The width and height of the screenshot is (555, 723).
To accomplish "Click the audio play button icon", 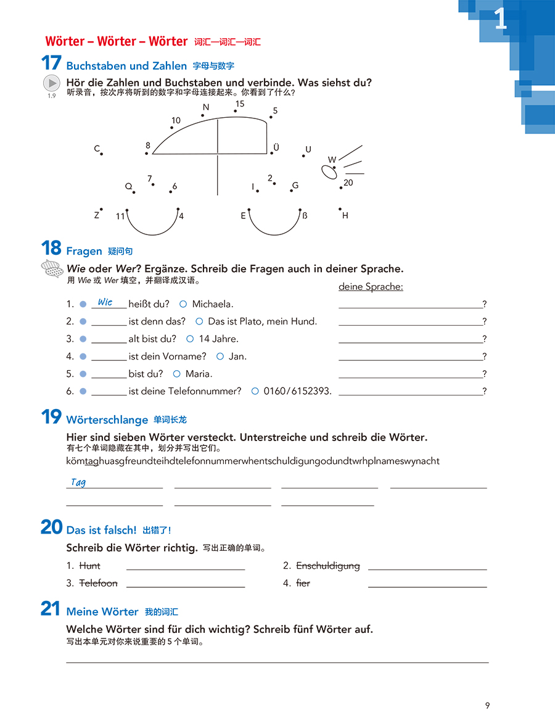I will (x=52, y=83).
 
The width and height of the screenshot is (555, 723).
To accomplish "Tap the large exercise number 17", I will (x=51, y=64).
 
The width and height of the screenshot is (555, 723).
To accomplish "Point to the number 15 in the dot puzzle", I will (x=240, y=104).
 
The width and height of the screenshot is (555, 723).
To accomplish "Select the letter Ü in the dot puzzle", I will (x=276, y=147).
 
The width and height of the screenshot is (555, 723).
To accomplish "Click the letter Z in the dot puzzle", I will (x=97, y=215).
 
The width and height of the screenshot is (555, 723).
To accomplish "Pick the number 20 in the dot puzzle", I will (x=348, y=183).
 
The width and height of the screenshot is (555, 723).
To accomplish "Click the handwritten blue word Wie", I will (x=105, y=302).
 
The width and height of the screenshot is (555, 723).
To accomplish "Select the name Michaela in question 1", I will (x=213, y=304).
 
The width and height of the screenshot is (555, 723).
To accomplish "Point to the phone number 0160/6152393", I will (x=297, y=391).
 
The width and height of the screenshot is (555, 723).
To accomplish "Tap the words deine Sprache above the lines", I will (x=371, y=287).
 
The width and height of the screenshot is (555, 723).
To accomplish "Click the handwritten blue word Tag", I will (x=78, y=482).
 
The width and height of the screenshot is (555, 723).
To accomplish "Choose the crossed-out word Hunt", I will (x=90, y=566).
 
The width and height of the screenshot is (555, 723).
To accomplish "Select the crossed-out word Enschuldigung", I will (x=328, y=566).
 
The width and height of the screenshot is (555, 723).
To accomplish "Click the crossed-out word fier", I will (x=303, y=583).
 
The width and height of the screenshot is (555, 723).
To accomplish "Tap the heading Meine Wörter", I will (x=102, y=611).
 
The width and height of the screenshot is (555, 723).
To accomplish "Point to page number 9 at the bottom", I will (x=487, y=706).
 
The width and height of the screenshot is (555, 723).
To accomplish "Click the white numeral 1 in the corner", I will (x=501, y=20).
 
